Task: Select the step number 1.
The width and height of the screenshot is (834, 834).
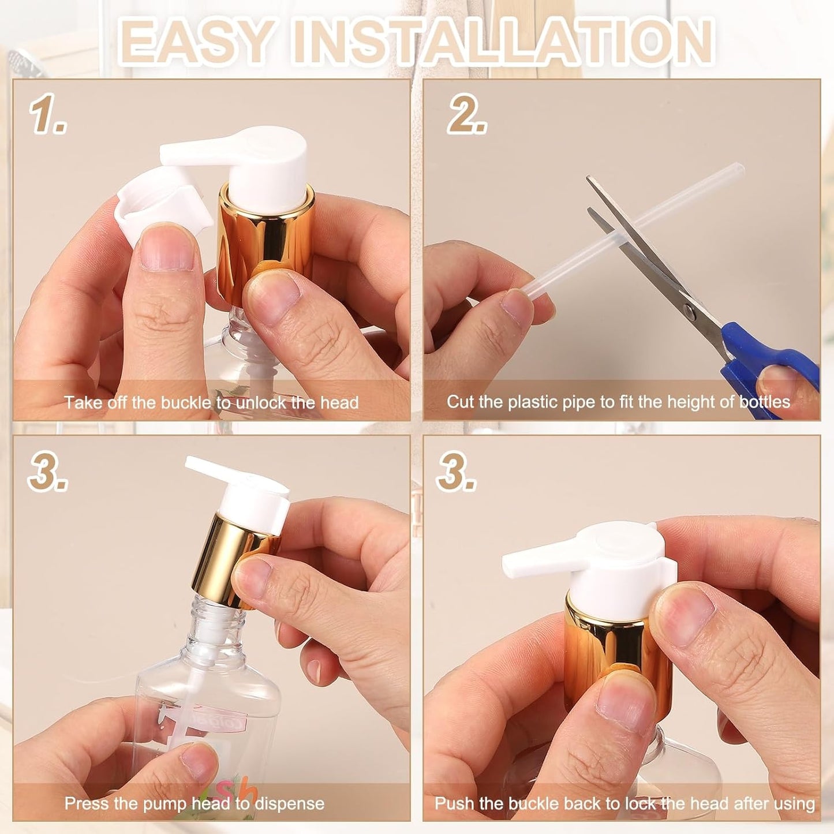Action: [47, 114]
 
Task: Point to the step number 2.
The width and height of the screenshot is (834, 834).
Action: [466, 114]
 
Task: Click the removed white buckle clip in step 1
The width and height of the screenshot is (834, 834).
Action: [159, 202]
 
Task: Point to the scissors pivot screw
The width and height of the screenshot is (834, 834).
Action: [690, 312]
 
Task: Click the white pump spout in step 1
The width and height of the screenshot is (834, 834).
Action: [196, 152]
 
